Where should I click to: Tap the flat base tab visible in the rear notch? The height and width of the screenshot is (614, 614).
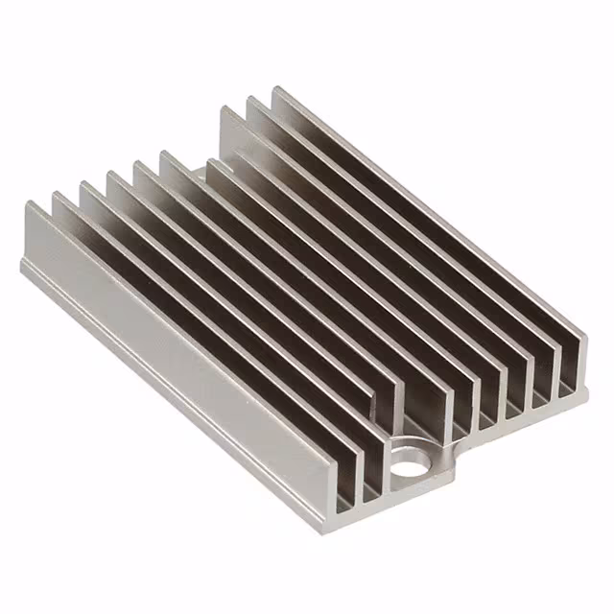tap(197, 177)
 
